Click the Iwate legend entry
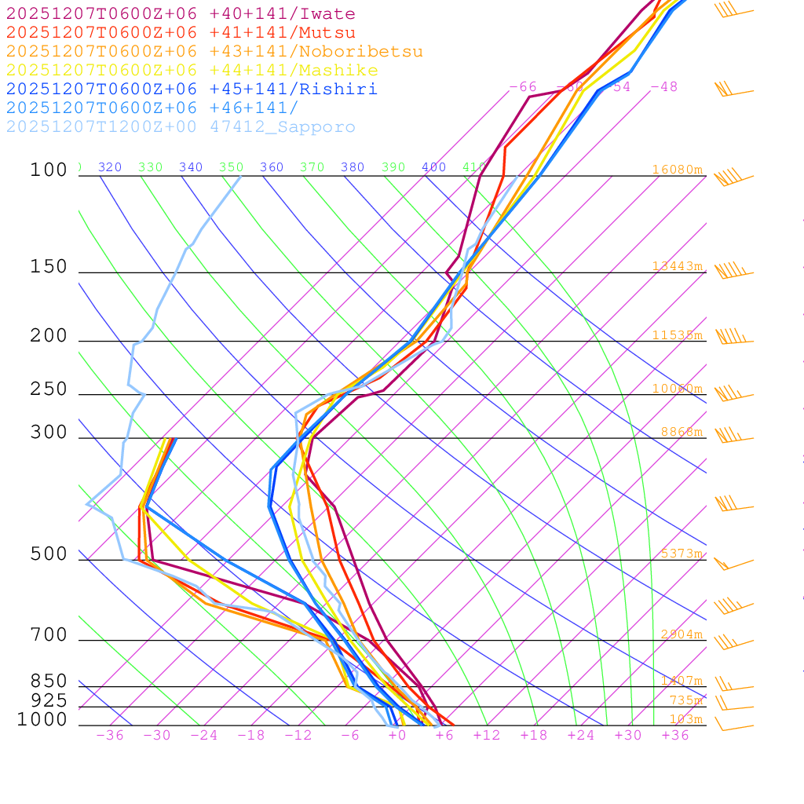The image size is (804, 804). click(181, 14)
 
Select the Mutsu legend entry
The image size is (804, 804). click(181, 33)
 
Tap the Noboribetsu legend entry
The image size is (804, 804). click(214, 52)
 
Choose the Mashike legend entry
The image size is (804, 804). click(192, 71)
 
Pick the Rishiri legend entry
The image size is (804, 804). click(192, 90)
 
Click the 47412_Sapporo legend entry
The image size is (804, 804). click(181, 127)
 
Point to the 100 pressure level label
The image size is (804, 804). click(49, 170)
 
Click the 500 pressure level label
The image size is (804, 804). click(49, 554)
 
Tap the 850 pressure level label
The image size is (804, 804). click(49, 682)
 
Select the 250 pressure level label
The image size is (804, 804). click(49, 389)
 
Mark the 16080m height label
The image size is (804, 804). click(677, 170)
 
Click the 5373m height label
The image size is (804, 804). click(681, 554)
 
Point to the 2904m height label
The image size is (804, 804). click(681, 634)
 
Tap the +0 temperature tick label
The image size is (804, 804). click(397, 736)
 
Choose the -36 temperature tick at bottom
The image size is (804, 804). click(110, 736)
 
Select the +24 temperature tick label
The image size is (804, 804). click(581, 736)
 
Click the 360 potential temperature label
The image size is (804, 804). click(272, 167)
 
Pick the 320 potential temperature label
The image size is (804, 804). click(110, 167)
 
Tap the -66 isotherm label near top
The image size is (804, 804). click(523, 86)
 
